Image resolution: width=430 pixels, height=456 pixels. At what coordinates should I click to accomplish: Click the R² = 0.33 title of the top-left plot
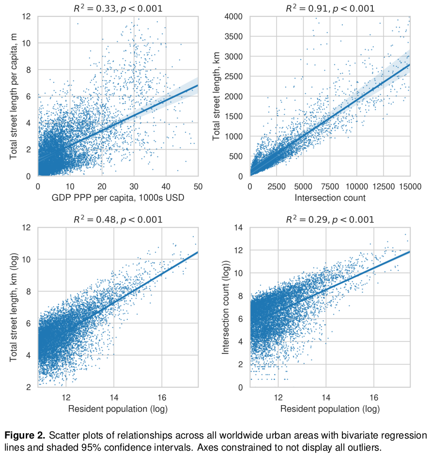pyautogui.click(x=118, y=8)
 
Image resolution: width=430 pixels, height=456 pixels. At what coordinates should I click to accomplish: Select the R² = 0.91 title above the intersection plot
pyautogui.click(x=330, y=8)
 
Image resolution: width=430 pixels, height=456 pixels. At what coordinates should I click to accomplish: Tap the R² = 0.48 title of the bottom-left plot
pyautogui.click(x=118, y=220)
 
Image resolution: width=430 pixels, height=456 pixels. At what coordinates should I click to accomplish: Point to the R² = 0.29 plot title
pyautogui.click(x=330, y=220)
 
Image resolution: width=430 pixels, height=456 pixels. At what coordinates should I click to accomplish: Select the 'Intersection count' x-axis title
pyautogui.click(x=330, y=198)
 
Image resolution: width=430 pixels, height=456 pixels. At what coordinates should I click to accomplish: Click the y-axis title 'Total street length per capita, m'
pyautogui.click(x=14, y=96)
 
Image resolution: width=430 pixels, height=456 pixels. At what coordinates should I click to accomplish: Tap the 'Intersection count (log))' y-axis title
pyautogui.click(x=226, y=307)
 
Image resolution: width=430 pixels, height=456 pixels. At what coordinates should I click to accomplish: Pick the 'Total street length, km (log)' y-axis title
pyautogui.click(x=14, y=307)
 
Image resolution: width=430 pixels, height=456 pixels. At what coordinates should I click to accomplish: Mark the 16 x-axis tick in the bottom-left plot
pyautogui.click(x=162, y=396)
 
